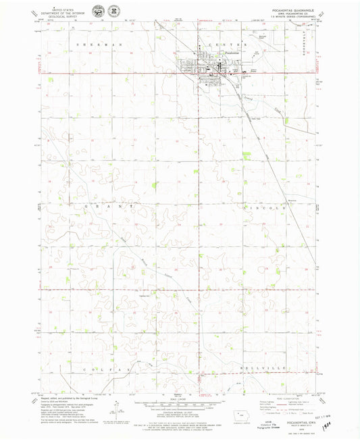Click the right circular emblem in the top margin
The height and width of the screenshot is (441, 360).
pyautogui.click(x=113, y=13)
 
